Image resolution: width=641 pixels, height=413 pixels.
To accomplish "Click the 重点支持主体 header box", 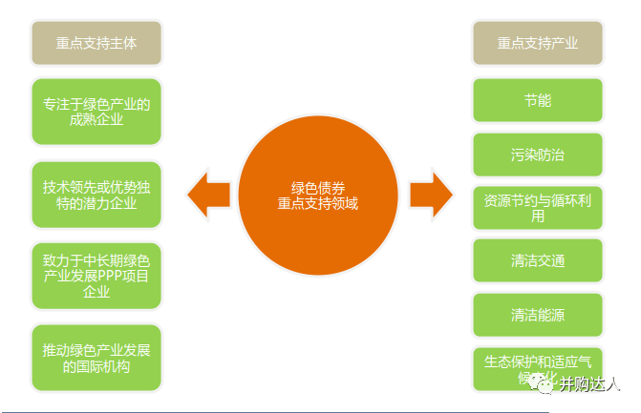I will click(x=96, y=43).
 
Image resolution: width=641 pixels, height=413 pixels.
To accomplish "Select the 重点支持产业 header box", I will click(x=538, y=43).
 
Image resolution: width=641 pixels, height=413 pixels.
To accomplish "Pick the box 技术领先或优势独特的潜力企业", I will click(x=96, y=194).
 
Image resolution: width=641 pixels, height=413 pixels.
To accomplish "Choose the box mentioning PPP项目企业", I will click(x=96, y=276).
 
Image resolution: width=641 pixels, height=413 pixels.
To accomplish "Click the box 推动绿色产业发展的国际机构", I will click(x=96, y=358).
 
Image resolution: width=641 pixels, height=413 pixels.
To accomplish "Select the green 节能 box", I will click(x=538, y=100).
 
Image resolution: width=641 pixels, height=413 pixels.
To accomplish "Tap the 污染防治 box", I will click(x=538, y=154).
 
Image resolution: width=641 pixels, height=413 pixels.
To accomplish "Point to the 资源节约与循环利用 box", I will click(x=538, y=207).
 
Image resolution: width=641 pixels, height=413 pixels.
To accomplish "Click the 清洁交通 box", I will click(x=538, y=260).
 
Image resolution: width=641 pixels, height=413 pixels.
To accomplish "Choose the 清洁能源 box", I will click(x=538, y=314).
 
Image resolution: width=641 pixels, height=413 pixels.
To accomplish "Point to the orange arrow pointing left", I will click(x=209, y=195).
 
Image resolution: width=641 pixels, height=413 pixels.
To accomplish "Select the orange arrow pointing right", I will click(x=431, y=195).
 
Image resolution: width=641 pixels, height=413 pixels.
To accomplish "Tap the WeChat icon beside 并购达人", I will click(x=545, y=384).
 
